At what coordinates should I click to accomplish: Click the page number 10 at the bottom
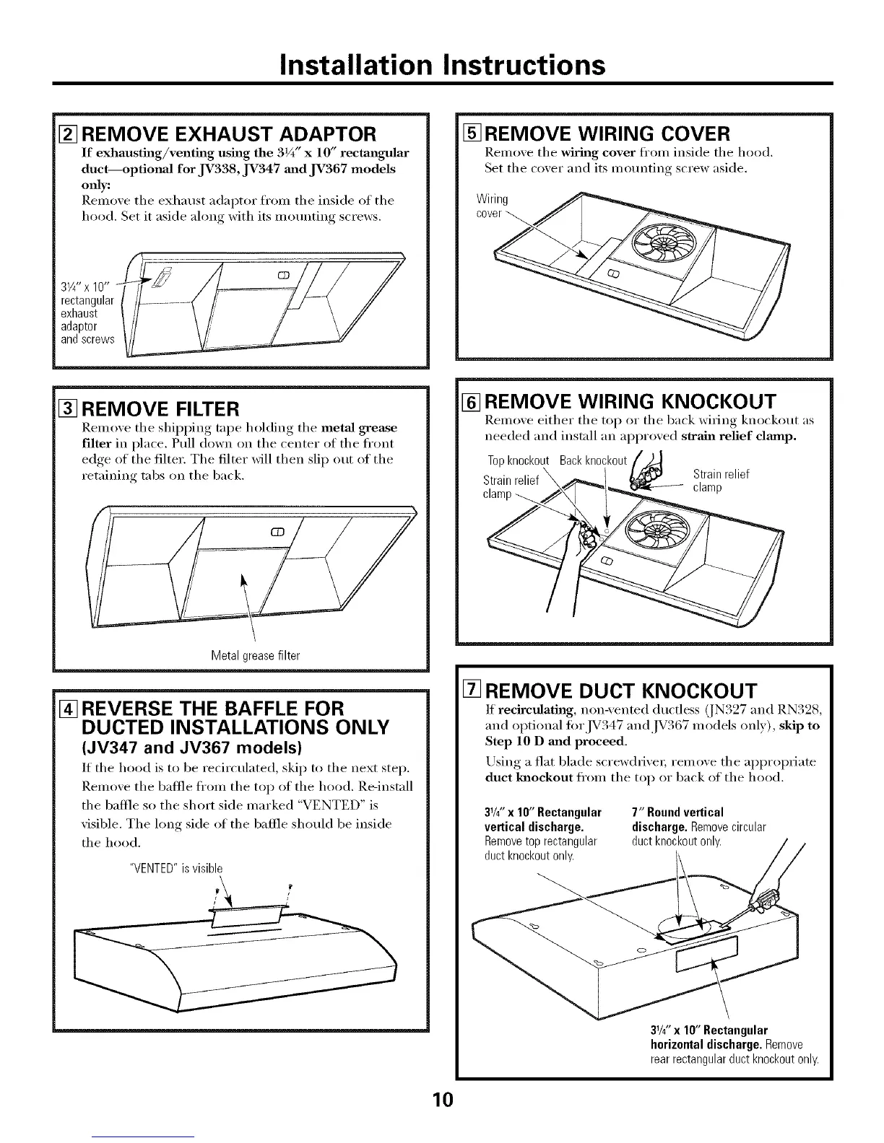point(442,1100)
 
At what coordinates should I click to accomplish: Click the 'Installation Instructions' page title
point(442,65)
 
